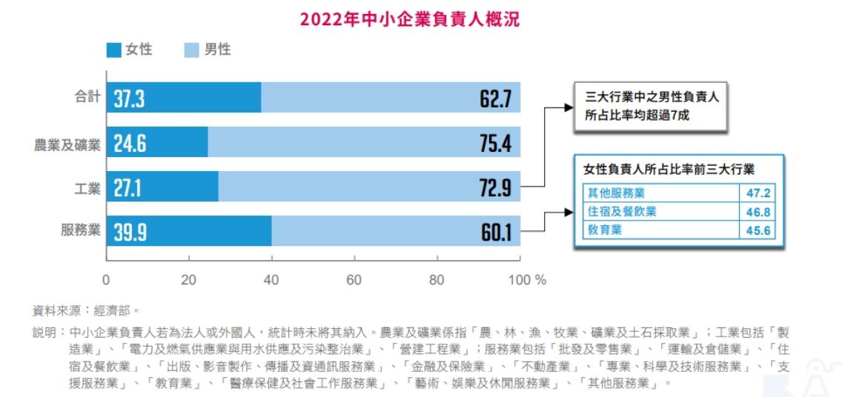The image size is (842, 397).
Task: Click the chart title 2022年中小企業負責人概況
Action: [410, 19]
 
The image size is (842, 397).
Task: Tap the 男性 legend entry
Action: [208, 50]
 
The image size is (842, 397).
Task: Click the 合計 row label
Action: [87, 97]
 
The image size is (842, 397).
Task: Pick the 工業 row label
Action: [87, 188]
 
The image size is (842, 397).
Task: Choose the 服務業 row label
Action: [80, 230]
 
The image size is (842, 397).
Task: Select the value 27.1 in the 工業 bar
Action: [127, 188]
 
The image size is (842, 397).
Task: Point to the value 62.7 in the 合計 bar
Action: [495, 99]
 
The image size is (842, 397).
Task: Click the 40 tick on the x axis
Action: [271, 280]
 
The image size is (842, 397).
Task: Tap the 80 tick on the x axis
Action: [437, 280]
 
